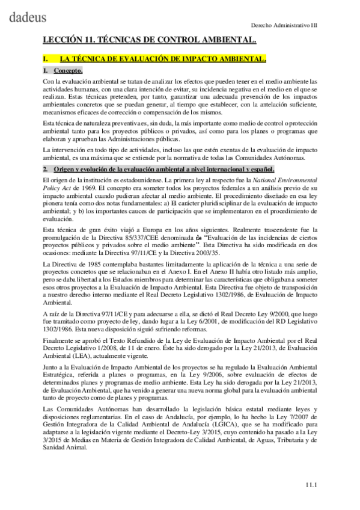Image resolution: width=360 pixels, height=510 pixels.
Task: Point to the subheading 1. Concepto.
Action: [63, 70]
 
